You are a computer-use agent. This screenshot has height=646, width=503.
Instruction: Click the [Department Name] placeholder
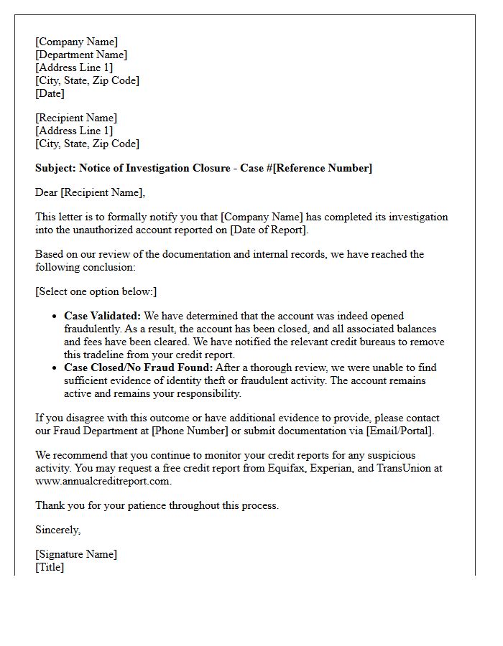coord(81,55)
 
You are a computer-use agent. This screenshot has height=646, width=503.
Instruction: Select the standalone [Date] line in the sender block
coord(50,93)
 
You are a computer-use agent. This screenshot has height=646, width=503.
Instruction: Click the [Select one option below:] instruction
coord(96,291)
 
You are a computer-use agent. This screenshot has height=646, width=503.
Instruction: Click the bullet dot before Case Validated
coord(55,317)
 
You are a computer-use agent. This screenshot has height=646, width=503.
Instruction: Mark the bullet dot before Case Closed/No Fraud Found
coord(55,368)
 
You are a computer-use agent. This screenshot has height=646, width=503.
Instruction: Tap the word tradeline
coord(109,355)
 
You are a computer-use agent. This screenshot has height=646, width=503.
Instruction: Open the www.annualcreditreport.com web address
coord(103,481)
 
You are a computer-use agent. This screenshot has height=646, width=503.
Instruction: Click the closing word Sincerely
coord(57,530)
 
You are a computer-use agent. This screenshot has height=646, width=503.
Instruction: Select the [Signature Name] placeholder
coord(76,554)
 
